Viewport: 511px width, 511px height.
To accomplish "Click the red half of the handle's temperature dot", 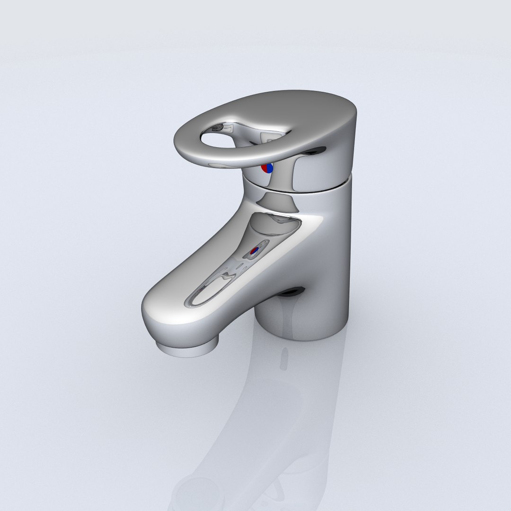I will click(x=265, y=168).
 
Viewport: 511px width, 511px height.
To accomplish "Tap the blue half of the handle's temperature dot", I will click(x=270, y=168).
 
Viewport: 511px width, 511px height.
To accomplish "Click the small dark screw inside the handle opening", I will click(x=217, y=127).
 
